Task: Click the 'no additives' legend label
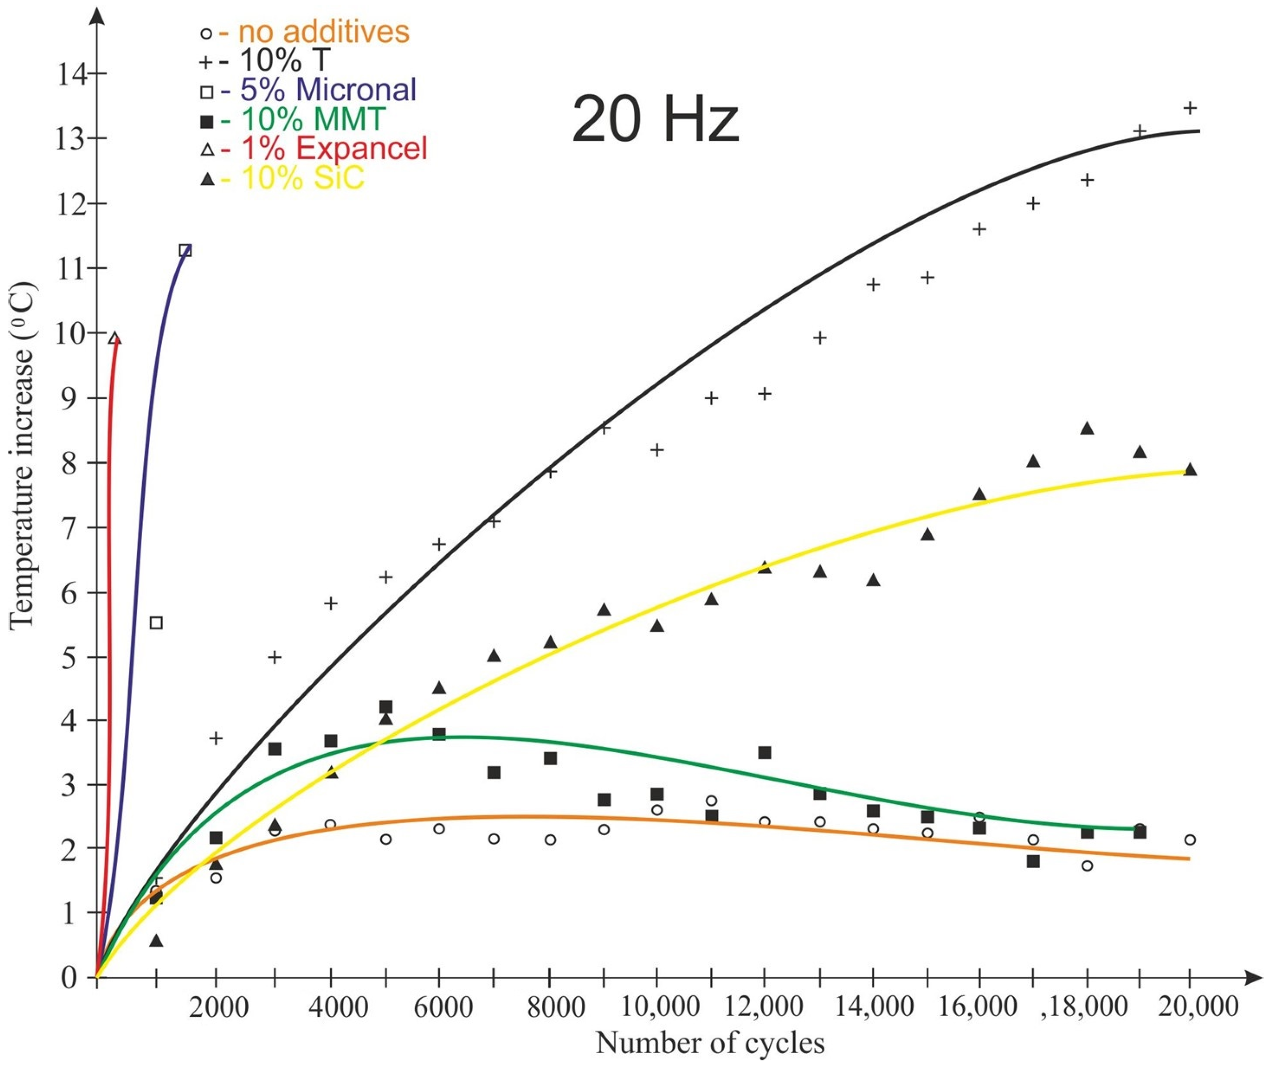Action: pyautogui.click(x=324, y=32)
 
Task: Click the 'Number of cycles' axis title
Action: pyautogui.click(x=710, y=1044)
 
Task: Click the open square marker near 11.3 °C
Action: pyautogui.click(x=186, y=250)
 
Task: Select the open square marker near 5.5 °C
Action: pyautogui.click(x=156, y=623)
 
